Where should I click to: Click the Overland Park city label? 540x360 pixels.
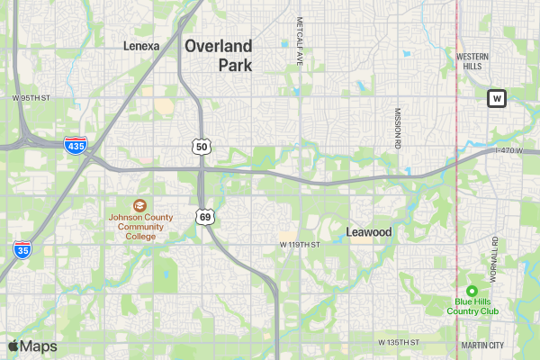[x=219, y=55]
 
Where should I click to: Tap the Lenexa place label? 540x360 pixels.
[x=141, y=45]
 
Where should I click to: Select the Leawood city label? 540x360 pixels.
[x=369, y=232]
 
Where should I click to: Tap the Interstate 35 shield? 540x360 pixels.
[x=22, y=249]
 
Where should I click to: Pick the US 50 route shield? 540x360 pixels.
[x=202, y=146]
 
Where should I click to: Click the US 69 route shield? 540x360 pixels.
[x=205, y=217]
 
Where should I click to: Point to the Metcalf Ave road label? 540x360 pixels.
[x=300, y=40]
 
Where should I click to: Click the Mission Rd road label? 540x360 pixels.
[x=397, y=128]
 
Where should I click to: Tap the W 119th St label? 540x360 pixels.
[x=300, y=245]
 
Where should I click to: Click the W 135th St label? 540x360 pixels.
[x=400, y=343]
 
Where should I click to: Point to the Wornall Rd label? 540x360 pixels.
[x=494, y=256]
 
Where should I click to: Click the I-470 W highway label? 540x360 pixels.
[x=508, y=150]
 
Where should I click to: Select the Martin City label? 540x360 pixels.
[x=482, y=345]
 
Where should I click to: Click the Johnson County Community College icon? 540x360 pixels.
[x=139, y=205]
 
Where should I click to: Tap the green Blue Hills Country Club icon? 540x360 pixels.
[x=472, y=290]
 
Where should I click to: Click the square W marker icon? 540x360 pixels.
[x=497, y=98]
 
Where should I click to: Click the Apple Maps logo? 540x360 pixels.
[x=32, y=346]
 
